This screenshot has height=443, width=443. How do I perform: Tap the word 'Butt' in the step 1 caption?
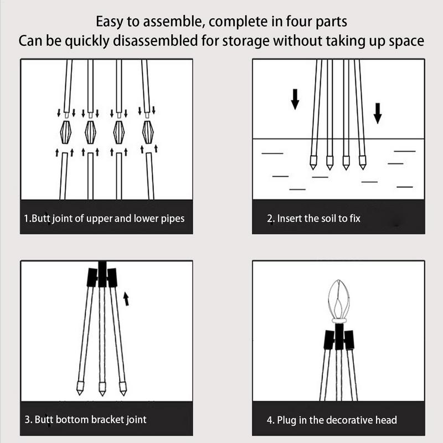tap(41, 218)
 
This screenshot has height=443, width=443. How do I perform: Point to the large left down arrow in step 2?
tap(295, 99)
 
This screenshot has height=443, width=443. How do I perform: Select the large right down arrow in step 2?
tap(378, 112)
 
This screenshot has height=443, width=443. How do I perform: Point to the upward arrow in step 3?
tap(126, 299)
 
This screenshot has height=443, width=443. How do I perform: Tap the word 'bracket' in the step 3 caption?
tap(104, 419)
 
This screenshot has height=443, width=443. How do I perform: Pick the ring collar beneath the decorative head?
tap(339, 321)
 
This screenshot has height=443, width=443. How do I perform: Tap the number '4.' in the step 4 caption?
tap(271, 420)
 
